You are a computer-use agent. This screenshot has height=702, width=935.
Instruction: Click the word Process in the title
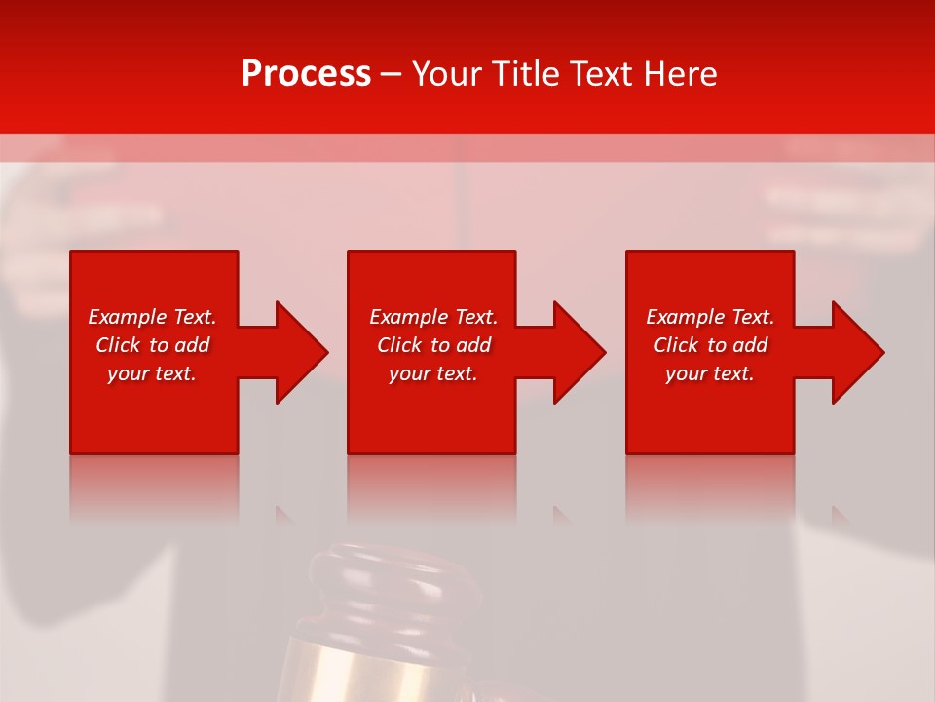point(306,74)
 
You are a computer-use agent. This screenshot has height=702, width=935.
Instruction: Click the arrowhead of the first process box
point(302,352)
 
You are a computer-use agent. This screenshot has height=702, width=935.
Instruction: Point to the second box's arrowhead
point(580,352)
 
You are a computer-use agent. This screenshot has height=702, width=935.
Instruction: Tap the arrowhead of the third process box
point(858,352)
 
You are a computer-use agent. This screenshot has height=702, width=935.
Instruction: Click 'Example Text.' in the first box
point(152,317)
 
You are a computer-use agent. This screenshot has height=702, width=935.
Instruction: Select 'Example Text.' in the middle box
point(432,317)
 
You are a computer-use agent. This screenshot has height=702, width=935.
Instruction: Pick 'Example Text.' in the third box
point(710,317)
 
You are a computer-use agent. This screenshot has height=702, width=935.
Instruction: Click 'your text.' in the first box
point(152,373)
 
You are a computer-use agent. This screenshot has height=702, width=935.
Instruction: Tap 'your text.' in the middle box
point(432,373)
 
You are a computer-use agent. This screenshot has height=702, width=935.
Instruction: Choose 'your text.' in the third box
point(710,373)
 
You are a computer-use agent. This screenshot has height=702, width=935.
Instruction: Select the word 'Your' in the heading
point(449,74)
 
